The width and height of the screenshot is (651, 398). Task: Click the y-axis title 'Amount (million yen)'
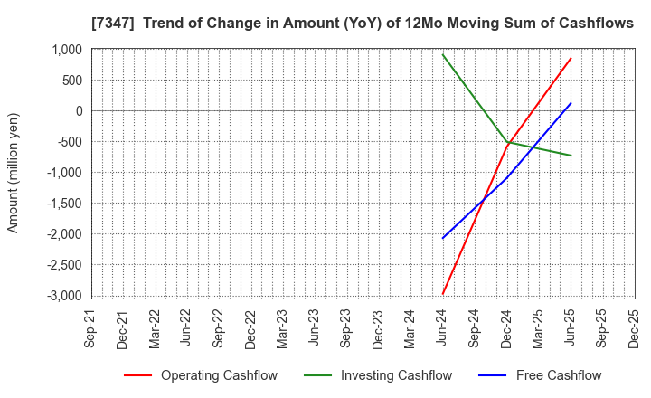14,173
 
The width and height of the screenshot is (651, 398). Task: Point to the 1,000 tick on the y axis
66,50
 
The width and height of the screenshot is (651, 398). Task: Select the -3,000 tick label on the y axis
64,296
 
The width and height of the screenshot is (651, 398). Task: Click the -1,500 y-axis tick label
64,204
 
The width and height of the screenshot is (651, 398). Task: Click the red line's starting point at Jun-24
443,294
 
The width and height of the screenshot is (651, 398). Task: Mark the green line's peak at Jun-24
443,54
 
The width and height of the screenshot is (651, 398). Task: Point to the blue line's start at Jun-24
443,238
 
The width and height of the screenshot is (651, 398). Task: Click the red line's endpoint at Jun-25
571,58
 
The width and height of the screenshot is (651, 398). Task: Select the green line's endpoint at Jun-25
571,156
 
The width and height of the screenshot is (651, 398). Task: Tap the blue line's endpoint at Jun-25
571,103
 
